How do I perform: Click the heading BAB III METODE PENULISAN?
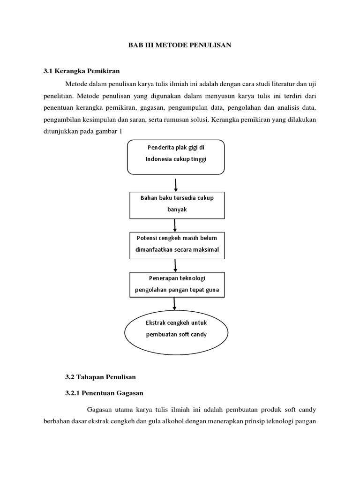180,45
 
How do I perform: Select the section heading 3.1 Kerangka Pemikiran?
82,71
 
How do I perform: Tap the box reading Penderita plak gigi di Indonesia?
176,156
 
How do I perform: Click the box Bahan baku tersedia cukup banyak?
177,204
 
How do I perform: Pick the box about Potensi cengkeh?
177,244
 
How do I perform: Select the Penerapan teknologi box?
177,284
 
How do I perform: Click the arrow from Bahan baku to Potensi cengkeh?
175,225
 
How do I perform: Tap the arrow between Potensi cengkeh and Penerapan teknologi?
175,265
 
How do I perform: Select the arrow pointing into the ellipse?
175,303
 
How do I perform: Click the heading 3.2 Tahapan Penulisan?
100,376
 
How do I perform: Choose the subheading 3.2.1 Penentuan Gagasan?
103,392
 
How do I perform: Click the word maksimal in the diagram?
204,250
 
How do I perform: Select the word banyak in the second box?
177,210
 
